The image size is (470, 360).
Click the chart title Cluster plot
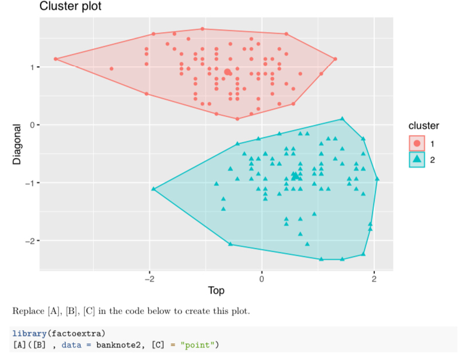70,7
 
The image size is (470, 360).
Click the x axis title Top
216,291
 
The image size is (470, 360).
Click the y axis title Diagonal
17,144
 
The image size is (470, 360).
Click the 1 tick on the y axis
32,67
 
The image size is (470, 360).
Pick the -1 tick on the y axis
30,183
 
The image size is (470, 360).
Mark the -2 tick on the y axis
30,240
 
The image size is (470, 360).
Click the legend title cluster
424,125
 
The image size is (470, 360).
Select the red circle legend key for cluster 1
417,143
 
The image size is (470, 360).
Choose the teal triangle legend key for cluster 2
417,160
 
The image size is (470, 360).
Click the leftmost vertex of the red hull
56,59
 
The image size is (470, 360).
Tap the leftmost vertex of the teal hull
153,188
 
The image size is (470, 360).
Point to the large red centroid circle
228,72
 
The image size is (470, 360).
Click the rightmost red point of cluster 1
335,59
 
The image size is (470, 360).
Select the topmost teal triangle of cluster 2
342,119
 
